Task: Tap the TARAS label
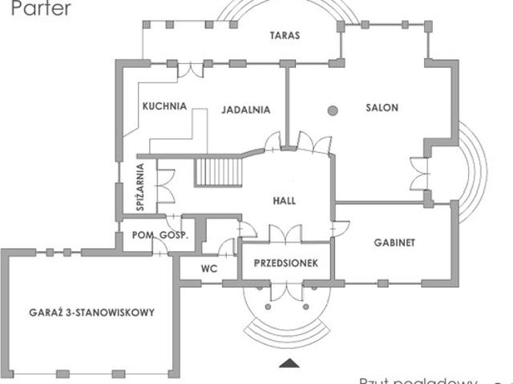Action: point(285,36)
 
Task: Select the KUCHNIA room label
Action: point(164,105)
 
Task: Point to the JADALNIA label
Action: point(244,110)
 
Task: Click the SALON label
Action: point(382,108)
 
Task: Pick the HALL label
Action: point(285,200)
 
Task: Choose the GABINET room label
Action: point(394,242)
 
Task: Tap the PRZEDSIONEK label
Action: point(287,263)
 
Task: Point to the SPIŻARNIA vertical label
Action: point(140,188)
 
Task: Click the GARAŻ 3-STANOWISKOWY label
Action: point(91,312)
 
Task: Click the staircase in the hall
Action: point(219,171)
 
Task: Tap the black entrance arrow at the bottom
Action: point(286,366)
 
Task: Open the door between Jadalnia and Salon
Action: point(274,141)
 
